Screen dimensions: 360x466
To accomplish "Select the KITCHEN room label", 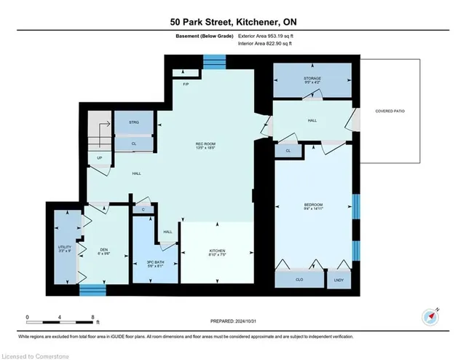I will [218, 251].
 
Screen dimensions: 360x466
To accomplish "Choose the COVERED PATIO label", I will [390, 111].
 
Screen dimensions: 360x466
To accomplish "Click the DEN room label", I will [103, 251].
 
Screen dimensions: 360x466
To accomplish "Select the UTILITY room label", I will [64, 249].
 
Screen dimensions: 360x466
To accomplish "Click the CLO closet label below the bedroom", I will [300, 278].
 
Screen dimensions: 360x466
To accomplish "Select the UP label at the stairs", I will [99, 158].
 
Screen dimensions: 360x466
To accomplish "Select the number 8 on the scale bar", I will [92, 317].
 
